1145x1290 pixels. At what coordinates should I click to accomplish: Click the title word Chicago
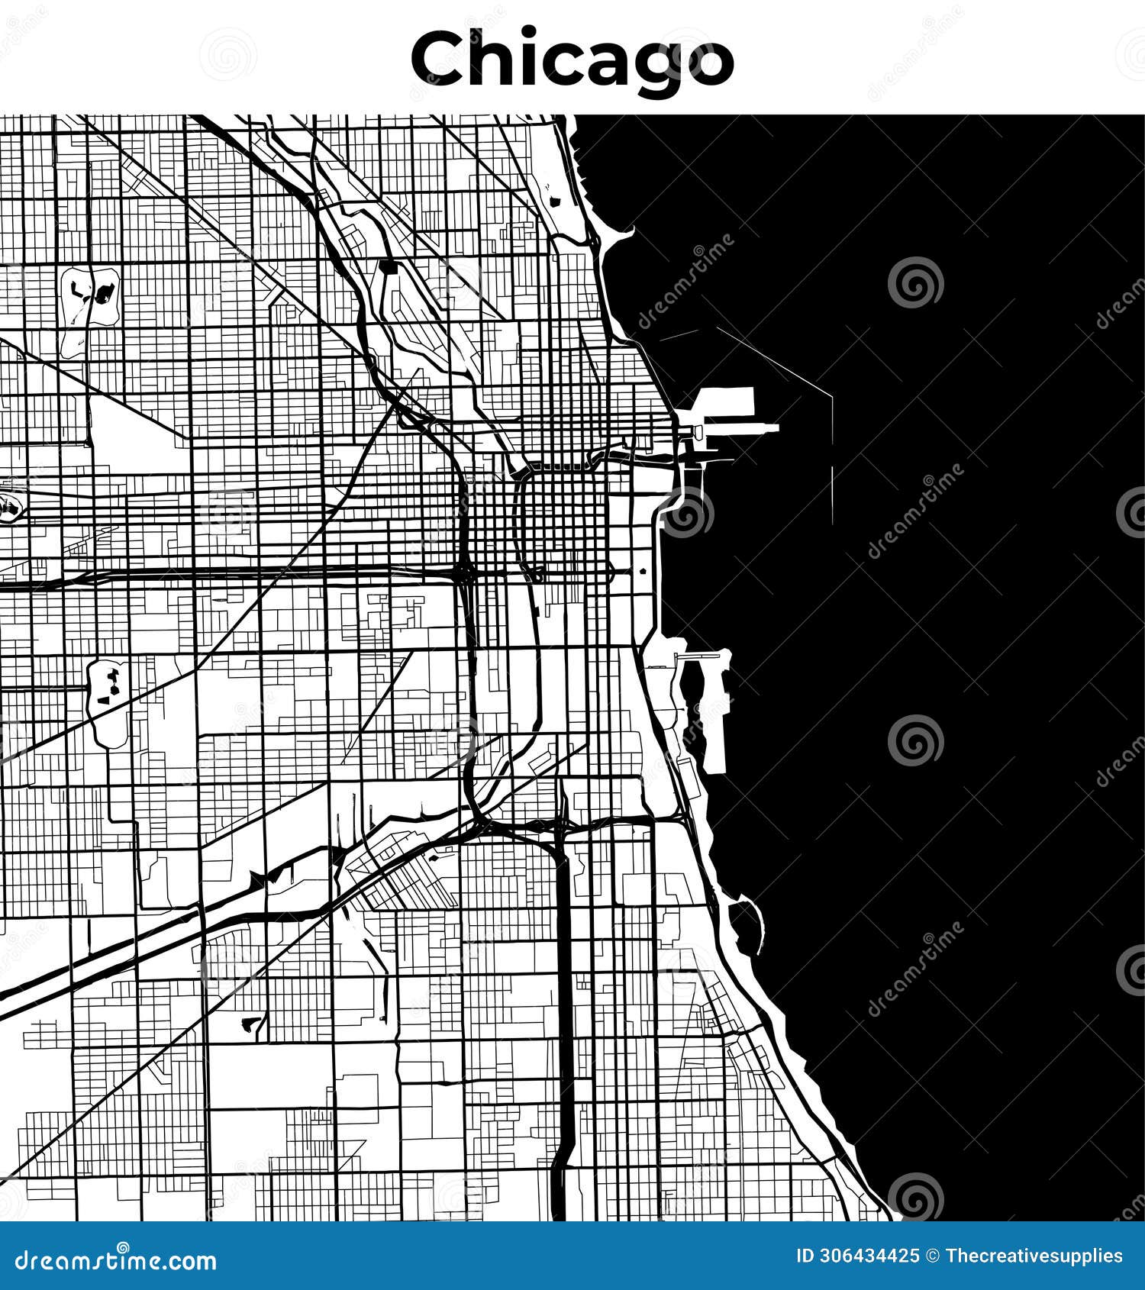coord(572,60)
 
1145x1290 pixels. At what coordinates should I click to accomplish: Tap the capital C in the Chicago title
coord(438,60)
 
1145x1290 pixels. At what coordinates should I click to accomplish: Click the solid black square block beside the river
coord(389,266)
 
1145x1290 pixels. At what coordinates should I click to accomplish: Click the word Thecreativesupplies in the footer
coord(1034,1256)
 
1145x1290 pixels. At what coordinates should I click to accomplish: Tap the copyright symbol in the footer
coord(932,1256)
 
